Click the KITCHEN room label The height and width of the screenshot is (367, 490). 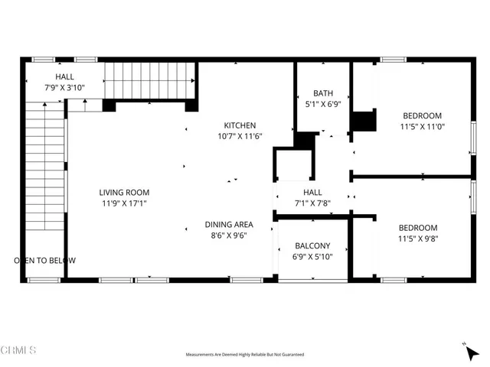[x=240, y=125]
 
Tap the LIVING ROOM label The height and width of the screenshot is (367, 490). [x=124, y=193]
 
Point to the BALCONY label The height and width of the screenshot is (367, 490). [x=312, y=246]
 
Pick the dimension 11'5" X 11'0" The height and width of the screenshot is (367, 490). [x=423, y=128]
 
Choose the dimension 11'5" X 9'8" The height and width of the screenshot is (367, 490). [x=417, y=239]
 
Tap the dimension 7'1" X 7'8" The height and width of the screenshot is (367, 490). [x=312, y=203]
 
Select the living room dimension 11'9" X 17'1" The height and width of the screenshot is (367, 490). [x=124, y=204]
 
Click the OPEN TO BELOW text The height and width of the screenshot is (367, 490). [x=45, y=261]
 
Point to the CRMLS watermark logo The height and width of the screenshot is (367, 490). [x=19, y=350]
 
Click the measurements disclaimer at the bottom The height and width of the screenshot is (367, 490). [x=245, y=355]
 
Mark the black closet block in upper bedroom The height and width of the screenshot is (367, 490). [x=364, y=123]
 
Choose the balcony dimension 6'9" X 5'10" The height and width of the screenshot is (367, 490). [x=312, y=257]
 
